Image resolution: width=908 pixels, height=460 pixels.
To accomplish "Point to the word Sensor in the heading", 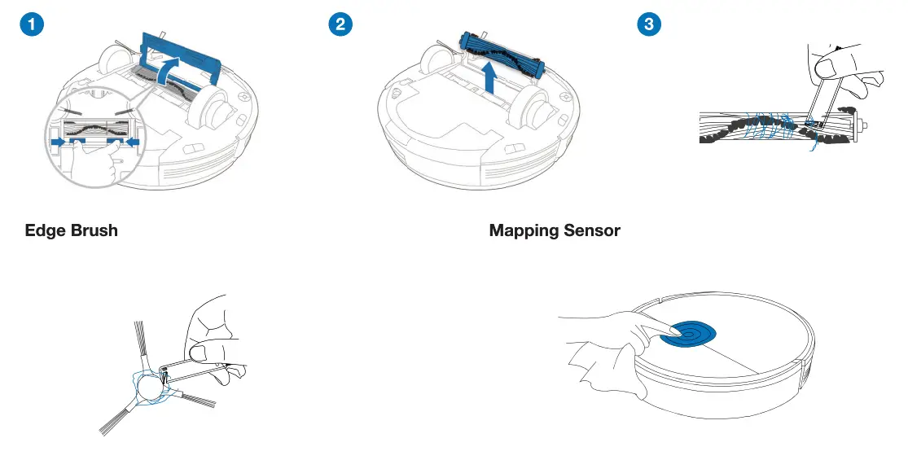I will point(593,231).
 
